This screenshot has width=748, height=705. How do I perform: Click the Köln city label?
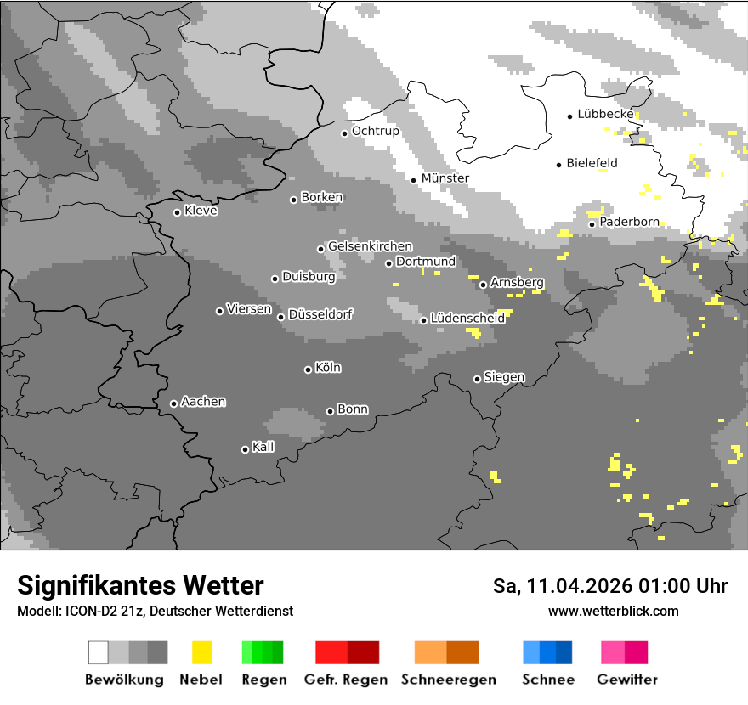(x=328, y=368)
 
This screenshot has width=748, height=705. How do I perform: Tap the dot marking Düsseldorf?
(x=280, y=317)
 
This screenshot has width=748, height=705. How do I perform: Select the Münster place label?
(x=445, y=178)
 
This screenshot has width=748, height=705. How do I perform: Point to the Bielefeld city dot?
(x=558, y=165)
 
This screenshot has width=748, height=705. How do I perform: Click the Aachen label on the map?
(x=203, y=402)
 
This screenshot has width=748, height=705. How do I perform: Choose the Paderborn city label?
(x=629, y=222)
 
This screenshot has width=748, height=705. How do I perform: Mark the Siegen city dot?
(x=477, y=379)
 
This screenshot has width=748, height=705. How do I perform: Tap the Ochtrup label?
(x=375, y=131)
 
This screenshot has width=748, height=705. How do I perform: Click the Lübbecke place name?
(x=605, y=114)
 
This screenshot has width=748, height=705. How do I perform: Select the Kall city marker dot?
(x=245, y=449)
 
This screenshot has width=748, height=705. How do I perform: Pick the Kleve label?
(x=201, y=211)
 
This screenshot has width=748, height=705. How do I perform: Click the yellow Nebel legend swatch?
(x=202, y=652)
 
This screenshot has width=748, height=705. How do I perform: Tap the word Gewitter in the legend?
(x=627, y=680)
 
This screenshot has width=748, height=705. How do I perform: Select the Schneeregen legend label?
(x=449, y=680)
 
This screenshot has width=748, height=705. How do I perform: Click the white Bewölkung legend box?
(x=98, y=652)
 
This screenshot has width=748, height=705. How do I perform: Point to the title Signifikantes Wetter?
(x=140, y=585)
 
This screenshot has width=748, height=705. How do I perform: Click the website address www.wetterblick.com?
(x=613, y=611)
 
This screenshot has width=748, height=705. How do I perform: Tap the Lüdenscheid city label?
(x=467, y=318)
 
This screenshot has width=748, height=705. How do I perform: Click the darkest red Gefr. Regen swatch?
(x=363, y=652)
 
